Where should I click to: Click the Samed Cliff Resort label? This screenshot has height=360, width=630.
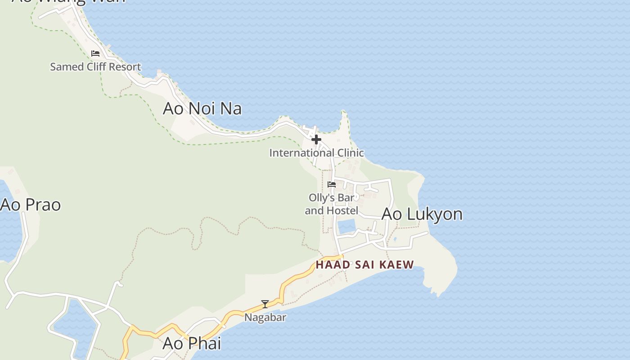pos(95,67)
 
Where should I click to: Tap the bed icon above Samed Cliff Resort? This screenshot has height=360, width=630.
pos(95,53)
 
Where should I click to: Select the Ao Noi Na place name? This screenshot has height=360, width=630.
pos(202,108)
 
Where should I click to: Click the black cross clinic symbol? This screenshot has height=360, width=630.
pos(316,139)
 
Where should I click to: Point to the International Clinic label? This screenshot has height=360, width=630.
pos(316,153)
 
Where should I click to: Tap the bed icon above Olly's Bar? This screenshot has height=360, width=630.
pos(332,184)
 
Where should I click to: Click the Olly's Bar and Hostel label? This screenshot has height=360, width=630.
pos(332,204)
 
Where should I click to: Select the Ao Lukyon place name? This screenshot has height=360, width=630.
pos(422,214)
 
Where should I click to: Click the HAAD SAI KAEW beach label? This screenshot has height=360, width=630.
pos(364,265)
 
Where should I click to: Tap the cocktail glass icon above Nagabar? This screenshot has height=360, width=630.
pos(265,304)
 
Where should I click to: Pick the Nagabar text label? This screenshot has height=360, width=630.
pos(265,317)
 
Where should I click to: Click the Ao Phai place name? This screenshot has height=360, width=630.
pos(192,343)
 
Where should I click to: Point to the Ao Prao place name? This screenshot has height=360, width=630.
pos(31,205)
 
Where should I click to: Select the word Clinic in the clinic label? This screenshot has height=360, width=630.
pos(349,153)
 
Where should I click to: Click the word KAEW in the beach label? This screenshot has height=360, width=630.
pos(396,265)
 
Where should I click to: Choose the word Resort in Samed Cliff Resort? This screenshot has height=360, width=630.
pos(125,67)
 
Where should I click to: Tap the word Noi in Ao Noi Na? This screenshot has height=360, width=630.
pos(198,108)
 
